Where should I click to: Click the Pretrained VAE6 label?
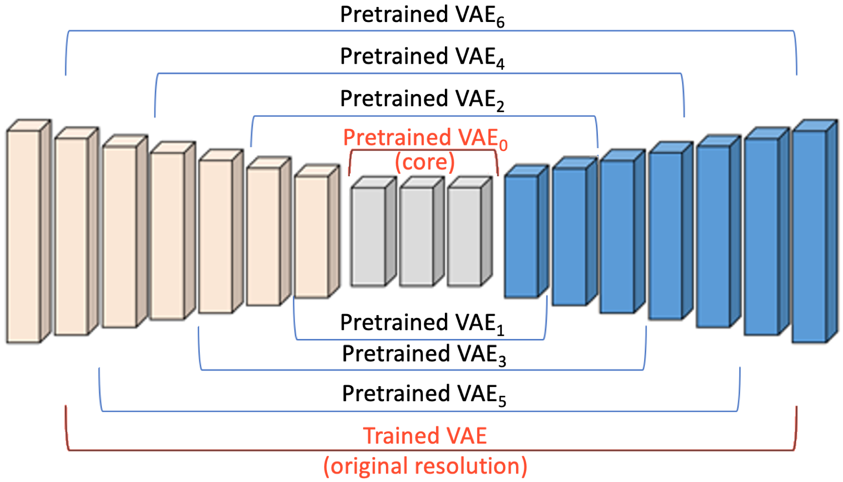[422, 15]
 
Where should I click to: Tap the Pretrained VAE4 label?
[422, 57]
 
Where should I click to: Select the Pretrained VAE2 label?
[422, 99]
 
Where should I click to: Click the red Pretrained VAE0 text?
[425, 138]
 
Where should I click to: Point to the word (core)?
[425, 162]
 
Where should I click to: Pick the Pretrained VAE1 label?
[422, 323]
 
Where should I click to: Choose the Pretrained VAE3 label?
[424, 354]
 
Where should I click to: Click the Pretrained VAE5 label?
[424, 394]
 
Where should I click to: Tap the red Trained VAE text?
[425, 436]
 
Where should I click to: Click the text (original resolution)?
[425, 466]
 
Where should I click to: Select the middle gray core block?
[416, 236]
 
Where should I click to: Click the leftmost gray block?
[368, 236]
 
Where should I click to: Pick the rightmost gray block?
[464, 236]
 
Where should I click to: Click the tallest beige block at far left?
[23, 236]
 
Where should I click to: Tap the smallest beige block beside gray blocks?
[311, 236]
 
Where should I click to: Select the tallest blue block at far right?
[809, 236]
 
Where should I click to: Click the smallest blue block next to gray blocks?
[521, 236]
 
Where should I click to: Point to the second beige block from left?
[71, 236]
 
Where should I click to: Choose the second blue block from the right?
[761, 236]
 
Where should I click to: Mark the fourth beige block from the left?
[167, 236]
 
